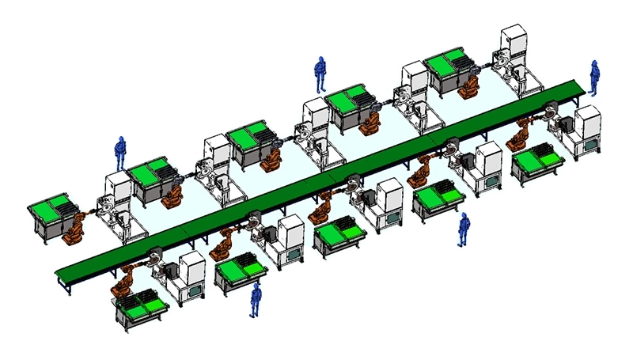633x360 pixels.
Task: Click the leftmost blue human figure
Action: pyautogui.click(x=120, y=152)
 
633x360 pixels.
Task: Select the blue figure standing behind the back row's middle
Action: pyautogui.click(x=319, y=75)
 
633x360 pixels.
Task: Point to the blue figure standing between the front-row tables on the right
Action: pyautogui.click(x=464, y=229)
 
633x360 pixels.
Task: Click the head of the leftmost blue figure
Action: pyautogui.click(x=120, y=140)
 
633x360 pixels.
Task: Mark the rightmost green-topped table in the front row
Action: pyautogui.click(x=537, y=162)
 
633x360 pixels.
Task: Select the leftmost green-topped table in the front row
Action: pyautogui.click(x=142, y=304)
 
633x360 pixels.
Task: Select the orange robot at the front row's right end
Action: pyautogui.click(x=517, y=136)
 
